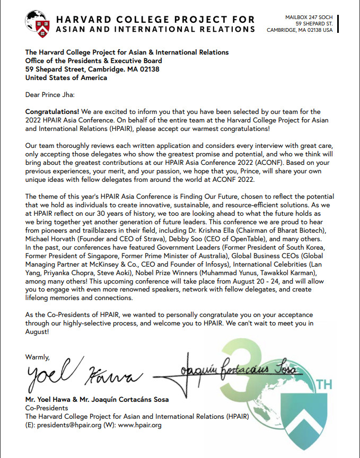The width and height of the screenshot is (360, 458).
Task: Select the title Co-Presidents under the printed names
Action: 47,409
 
